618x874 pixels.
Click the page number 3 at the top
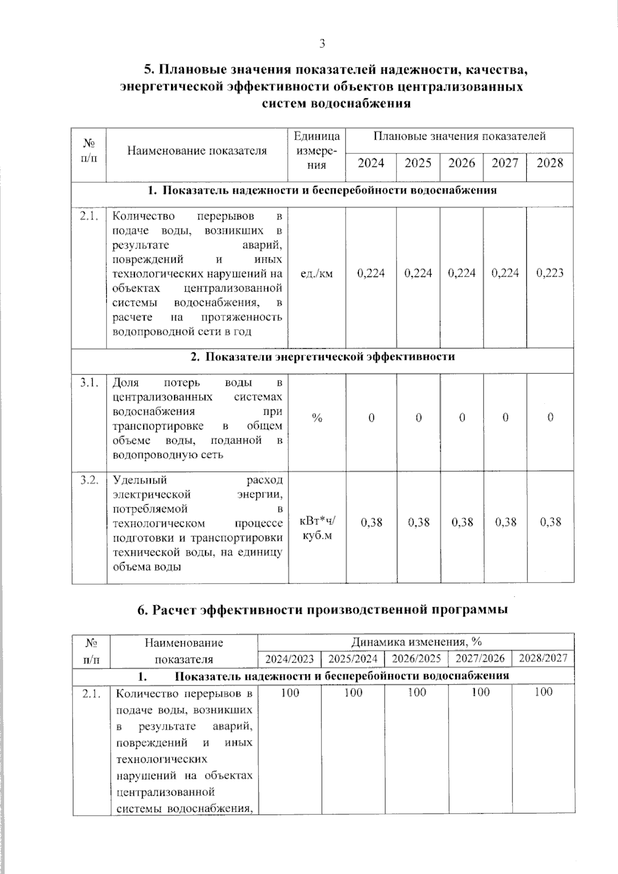(322, 44)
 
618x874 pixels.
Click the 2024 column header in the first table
(371, 163)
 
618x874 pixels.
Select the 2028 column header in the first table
(550, 163)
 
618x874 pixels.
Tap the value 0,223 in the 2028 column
(550, 273)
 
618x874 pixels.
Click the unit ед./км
(317, 273)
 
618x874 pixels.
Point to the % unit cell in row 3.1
(317, 418)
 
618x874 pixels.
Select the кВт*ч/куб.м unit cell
(317, 528)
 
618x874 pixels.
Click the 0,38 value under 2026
(462, 522)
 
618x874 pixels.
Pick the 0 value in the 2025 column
(418, 418)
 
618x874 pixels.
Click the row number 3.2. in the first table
(89, 480)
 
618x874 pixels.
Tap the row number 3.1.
(89, 383)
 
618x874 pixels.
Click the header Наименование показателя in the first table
(197, 151)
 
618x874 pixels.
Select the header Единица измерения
(317, 150)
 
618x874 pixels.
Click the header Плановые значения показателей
(459, 136)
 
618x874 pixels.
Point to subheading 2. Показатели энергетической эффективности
(322, 356)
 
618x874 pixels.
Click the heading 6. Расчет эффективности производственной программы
(322, 610)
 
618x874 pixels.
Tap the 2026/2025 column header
(416, 658)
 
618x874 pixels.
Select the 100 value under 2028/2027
(543, 692)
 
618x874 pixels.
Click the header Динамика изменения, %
(416, 642)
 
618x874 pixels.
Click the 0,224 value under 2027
(505, 273)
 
